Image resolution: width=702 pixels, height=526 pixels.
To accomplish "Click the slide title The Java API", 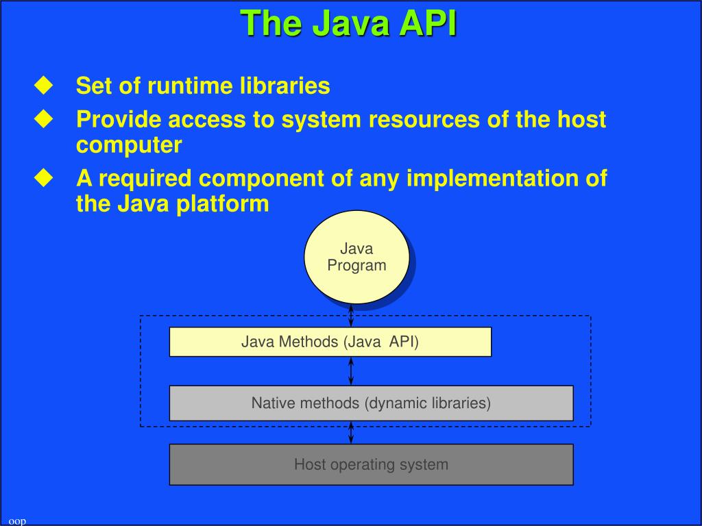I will tap(349, 23).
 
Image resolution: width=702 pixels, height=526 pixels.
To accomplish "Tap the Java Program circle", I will tap(356, 257).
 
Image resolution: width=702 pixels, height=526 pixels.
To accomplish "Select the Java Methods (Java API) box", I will tap(330, 342).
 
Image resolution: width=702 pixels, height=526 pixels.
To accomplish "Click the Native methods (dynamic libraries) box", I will tap(371, 403).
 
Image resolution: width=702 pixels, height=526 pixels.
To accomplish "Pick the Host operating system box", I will tap(371, 464).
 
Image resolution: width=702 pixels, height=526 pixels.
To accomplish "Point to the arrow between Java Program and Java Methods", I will tap(352, 315).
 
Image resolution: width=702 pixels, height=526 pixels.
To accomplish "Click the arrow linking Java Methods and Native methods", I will tap(352, 371).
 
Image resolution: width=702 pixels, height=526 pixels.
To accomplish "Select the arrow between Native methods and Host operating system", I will tap(352, 432).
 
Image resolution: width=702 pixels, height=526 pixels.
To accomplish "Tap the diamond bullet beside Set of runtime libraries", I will tap(44, 86).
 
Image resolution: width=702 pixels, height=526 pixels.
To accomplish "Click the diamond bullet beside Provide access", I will tap(44, 119).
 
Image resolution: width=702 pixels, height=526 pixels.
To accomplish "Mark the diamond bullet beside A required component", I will tap(44, 178).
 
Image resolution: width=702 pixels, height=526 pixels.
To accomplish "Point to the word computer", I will tap(129, 145).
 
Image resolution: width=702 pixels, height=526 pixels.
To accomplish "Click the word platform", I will tap(223, 204).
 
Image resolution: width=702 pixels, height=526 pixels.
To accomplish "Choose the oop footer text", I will tap(17, 521).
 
